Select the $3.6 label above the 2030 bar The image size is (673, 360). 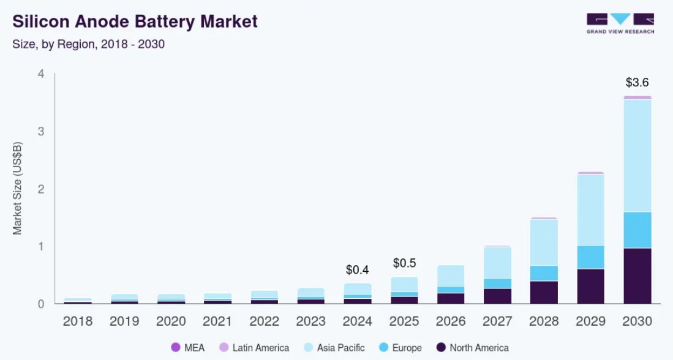637,82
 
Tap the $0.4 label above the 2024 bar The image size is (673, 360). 358,269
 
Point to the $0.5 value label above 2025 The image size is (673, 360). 404,263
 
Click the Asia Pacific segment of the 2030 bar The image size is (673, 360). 637,156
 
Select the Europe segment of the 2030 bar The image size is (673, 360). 637,230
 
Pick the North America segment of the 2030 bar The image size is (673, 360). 637,276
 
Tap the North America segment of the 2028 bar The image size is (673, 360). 544,292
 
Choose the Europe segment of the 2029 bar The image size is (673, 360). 591,257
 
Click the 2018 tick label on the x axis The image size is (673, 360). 78,321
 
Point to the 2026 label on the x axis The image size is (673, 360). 451,321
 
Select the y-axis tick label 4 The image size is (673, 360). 41,74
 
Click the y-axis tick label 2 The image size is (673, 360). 41,189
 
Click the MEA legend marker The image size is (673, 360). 176,347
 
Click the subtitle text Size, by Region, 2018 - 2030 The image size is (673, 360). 89,44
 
